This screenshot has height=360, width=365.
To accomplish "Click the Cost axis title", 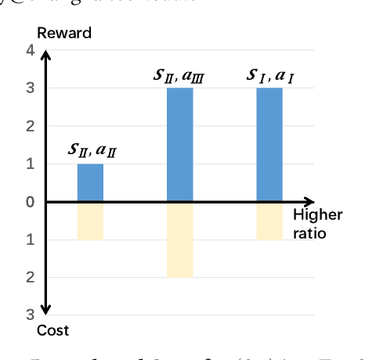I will [52, 331].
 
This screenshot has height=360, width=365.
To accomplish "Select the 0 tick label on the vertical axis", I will [31, 202].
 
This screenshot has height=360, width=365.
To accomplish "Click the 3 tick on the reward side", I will [31, 88].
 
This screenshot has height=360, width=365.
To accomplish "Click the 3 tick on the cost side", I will [31, 315].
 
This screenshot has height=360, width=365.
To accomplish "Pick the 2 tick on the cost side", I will [31, 277].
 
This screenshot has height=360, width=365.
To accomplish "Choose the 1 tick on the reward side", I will [31, 164].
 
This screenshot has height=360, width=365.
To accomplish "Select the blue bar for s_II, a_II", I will [90, 183].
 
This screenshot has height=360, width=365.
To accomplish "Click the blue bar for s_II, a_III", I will [180, 145].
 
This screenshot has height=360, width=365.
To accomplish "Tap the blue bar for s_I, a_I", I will [269, 145].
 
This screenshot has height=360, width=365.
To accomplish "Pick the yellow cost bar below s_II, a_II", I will [90, 221].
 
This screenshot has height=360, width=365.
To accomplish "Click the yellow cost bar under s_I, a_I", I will [269, 221].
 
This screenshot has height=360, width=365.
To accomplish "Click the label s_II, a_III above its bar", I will [180, 75].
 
